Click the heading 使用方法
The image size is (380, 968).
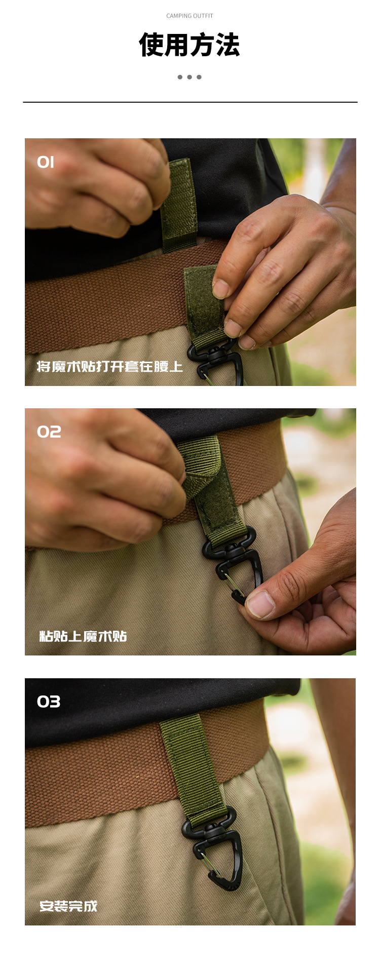[189, 45]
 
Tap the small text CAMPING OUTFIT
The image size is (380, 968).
[189, 16]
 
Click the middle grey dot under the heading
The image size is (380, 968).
[189, 77]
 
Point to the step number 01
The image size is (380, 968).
[46, 162]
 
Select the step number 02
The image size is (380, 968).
[49, 432]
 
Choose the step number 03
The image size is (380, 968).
[49, 702]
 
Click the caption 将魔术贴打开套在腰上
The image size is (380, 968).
[109, 366]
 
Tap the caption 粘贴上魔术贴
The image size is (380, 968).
[83, 636]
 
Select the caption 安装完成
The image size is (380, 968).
[68, 906]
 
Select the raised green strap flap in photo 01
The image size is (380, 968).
[178, 206]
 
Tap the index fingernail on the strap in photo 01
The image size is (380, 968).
[220, 289]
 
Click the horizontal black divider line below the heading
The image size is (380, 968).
[190, 102]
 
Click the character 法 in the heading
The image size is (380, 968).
[227, 45]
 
